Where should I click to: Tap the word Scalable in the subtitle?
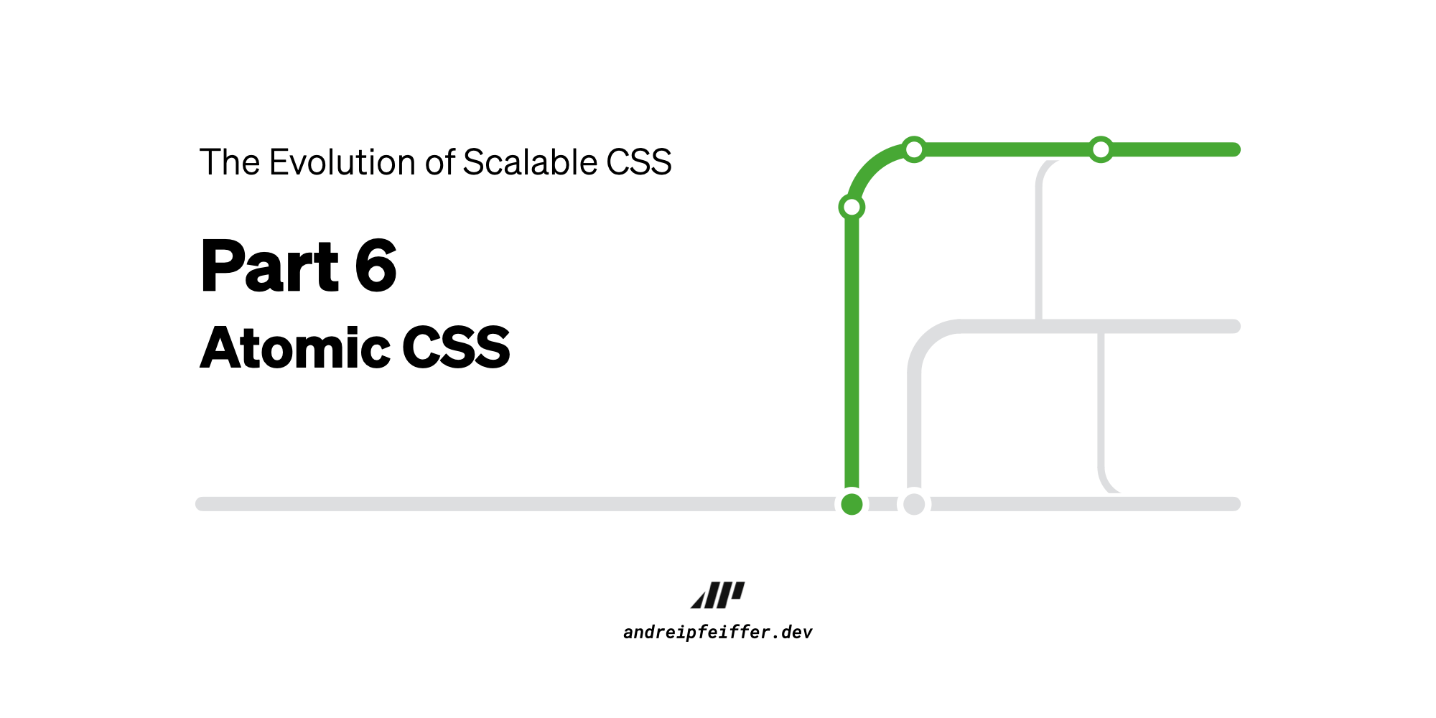pos(530,162)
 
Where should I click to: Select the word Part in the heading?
pos(269,266)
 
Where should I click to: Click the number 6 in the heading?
pos(376,266)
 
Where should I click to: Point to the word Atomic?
pos(295,348)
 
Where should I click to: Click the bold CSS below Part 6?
pos(456,348)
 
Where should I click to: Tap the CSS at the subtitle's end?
pos(639,162)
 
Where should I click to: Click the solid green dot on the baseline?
pos(852,504)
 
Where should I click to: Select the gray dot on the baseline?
pos(914,504)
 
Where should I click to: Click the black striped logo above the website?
pos(718,595)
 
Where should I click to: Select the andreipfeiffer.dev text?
pos(718,633)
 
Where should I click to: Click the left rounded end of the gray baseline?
pos(202,504)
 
